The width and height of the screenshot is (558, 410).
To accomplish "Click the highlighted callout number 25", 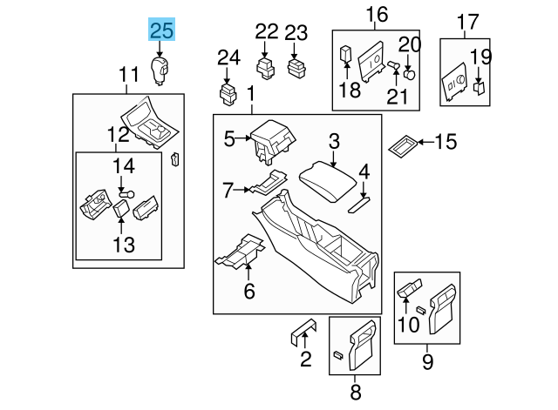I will (162, 32).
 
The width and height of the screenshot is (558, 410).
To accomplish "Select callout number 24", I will (228, 58).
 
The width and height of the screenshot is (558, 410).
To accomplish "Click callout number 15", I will (446, 141).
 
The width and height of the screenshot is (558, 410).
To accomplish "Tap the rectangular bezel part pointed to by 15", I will (403, 145).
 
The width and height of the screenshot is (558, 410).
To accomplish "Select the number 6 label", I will (249, 292).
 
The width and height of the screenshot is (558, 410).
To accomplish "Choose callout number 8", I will (354, 390).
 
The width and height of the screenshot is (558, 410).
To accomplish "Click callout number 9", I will (428, 359).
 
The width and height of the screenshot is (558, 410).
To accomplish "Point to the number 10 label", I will (407, 326).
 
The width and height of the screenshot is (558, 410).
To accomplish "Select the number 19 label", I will (481, 58).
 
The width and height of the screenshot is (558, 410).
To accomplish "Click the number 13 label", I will (124, 245).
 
